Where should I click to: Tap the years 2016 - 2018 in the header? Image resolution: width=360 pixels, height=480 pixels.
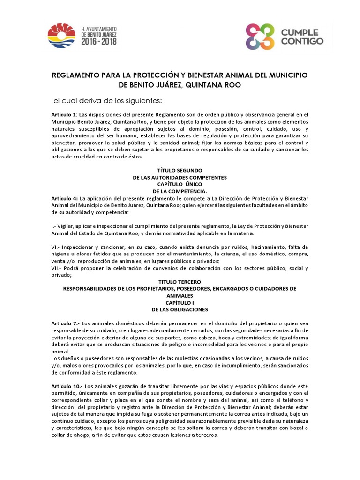click(99, 41)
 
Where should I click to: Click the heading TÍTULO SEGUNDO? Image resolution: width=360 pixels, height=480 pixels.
click(180, 171)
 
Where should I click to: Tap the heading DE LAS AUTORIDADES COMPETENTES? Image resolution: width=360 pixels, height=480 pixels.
click(180, 178)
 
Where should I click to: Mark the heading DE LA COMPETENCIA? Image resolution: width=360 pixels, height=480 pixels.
click(180, 191)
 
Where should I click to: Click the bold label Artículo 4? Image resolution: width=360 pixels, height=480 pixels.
click(64, 199)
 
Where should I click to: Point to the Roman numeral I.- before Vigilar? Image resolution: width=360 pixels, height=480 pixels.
click(55, 226)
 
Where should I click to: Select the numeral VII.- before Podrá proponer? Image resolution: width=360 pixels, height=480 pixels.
click(58, 269)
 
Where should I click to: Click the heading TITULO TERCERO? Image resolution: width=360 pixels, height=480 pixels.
click(180, 282)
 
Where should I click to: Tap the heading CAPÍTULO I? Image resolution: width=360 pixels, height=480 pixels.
click(180, 303)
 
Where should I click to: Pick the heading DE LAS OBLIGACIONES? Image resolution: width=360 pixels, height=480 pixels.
click(180, 310)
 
